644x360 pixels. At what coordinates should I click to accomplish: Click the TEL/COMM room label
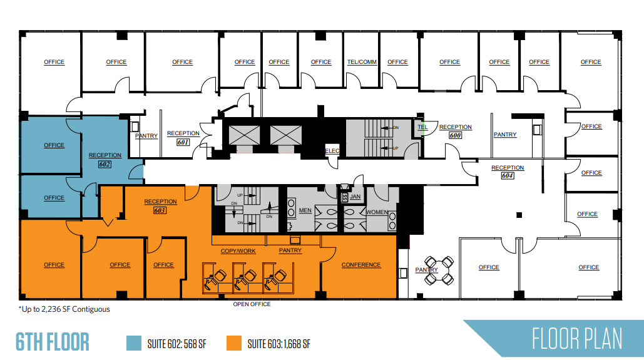click(362, 62)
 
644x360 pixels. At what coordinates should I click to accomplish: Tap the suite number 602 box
click(105, 164)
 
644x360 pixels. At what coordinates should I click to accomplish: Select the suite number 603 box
click(160, 210)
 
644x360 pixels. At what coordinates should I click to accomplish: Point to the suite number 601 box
click(183, 142)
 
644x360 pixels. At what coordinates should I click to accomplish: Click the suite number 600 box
click(455, 136)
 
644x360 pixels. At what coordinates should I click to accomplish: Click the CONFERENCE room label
click(361, 265)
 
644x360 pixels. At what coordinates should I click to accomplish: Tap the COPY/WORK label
click(238, 251)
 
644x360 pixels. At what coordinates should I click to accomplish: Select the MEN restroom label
click(305, 210)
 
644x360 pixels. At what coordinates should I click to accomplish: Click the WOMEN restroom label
click(377, 212)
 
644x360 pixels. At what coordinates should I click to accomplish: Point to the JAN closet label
click(355, 197)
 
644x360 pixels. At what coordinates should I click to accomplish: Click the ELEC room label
click(331, 151)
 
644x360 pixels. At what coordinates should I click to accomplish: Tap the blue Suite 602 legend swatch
click(133, 343)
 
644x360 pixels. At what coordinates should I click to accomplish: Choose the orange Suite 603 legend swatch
click(234, 343)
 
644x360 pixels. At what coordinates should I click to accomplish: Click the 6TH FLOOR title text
click(53, 342)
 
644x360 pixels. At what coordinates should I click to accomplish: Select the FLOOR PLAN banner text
click(577, 339)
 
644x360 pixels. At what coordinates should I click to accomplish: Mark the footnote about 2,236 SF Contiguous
click(64, 309)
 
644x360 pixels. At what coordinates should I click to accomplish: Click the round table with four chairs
click(438, 269)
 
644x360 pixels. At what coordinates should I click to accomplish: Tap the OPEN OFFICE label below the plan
click(252, 304)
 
